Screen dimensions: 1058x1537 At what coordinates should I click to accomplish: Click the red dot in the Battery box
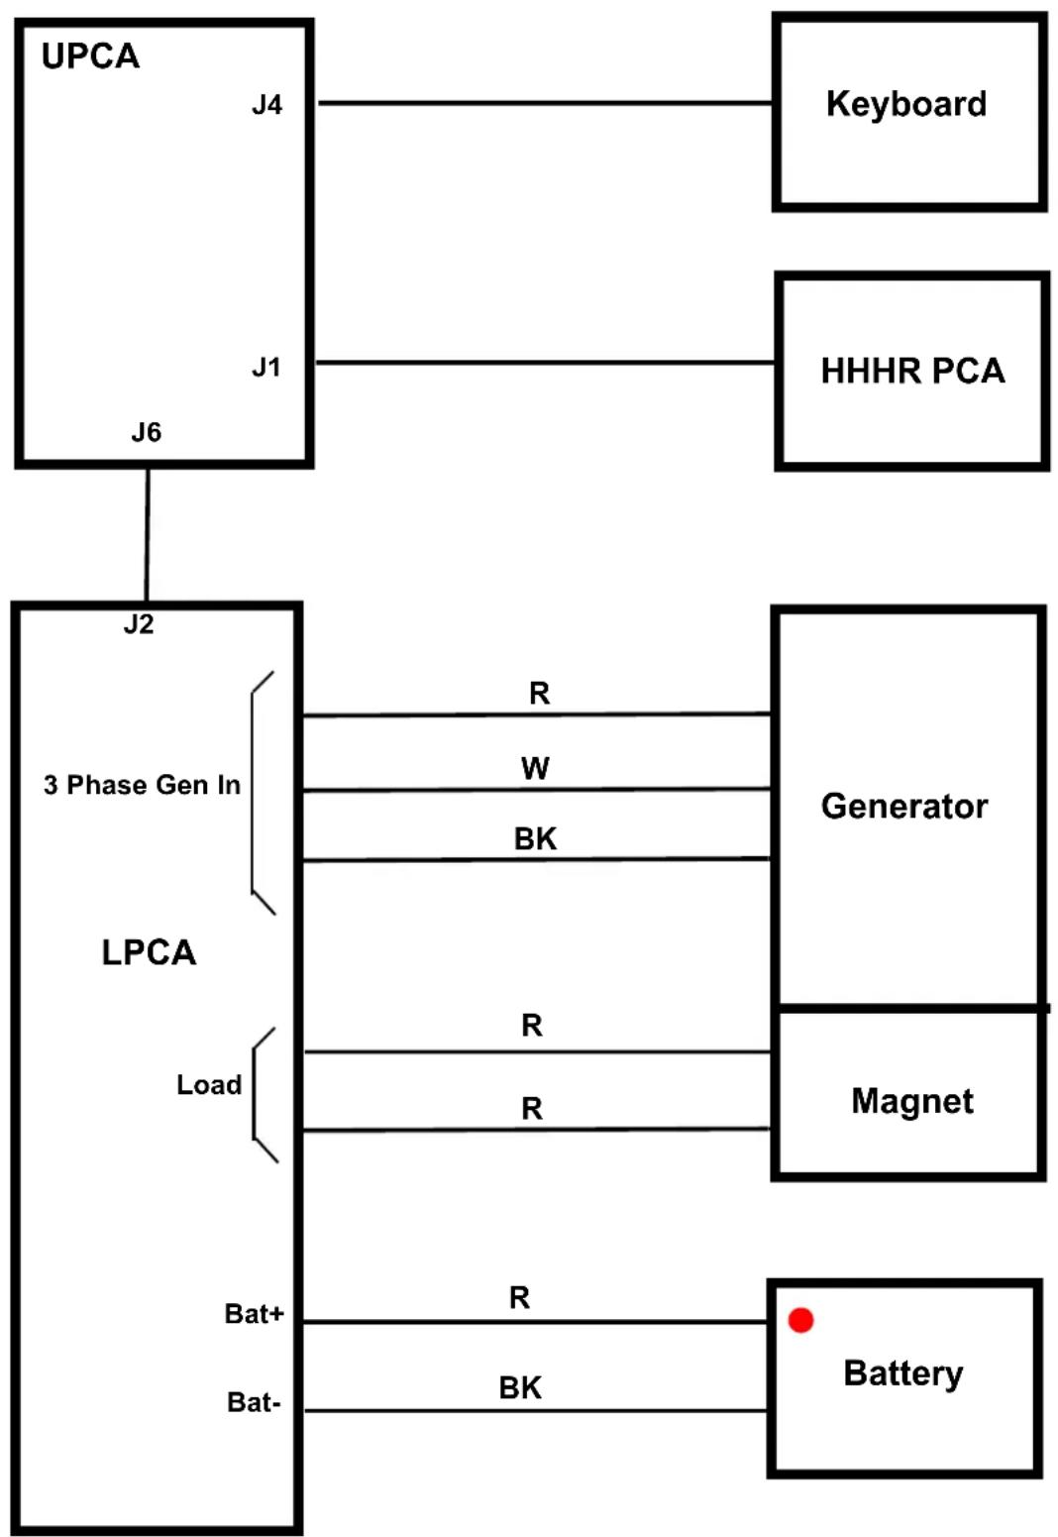pyautogui.click(x=800, y=1320)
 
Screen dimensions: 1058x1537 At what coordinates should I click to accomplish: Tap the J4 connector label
pyautogui.click(x=266, y=104)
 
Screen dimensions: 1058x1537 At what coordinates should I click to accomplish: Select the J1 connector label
pyautogui.click(x=266, y=368)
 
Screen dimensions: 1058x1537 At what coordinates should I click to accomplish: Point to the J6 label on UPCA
pyautogui.click(x=147, y=432)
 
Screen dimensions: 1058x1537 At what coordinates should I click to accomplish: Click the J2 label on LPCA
pyautogui.click(x=139, y=624)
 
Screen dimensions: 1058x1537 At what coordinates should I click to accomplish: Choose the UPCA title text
pyautogui.click(x=90, y=56)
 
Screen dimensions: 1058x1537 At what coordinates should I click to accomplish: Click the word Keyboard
pyautogui.click(x=906, y=104)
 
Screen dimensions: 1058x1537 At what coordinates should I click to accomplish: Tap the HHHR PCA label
pyautogui.click(x=913, y=371)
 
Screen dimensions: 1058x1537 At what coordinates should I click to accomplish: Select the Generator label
pyautogui.click(x=904, y=807)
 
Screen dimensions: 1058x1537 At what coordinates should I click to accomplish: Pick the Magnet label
pyautogui.click(x=912, y=1102)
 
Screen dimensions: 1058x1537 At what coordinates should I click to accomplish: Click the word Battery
pyautogui.click(x=902, y=1373)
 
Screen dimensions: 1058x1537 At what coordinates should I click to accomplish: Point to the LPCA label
pyautogui.click(x=149, y=952)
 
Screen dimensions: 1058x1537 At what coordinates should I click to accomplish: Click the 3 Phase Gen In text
pyautogui.click(x=142, y=785)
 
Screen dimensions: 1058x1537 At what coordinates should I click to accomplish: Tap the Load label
pyautogui.click(x=209, y=1085)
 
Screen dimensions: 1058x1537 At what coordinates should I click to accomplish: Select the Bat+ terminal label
pyautogui.click(x=254, y=1314)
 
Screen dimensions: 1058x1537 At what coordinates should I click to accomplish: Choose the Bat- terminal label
pyautogui.click(x=254, y=1402)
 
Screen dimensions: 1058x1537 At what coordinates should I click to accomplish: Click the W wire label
pyautogui.click(x=535, y=768)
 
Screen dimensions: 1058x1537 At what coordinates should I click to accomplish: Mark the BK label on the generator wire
pyautogui.click(x=535, y=838)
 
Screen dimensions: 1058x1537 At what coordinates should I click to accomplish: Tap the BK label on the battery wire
pyautogui.click(x=520, y=1387)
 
